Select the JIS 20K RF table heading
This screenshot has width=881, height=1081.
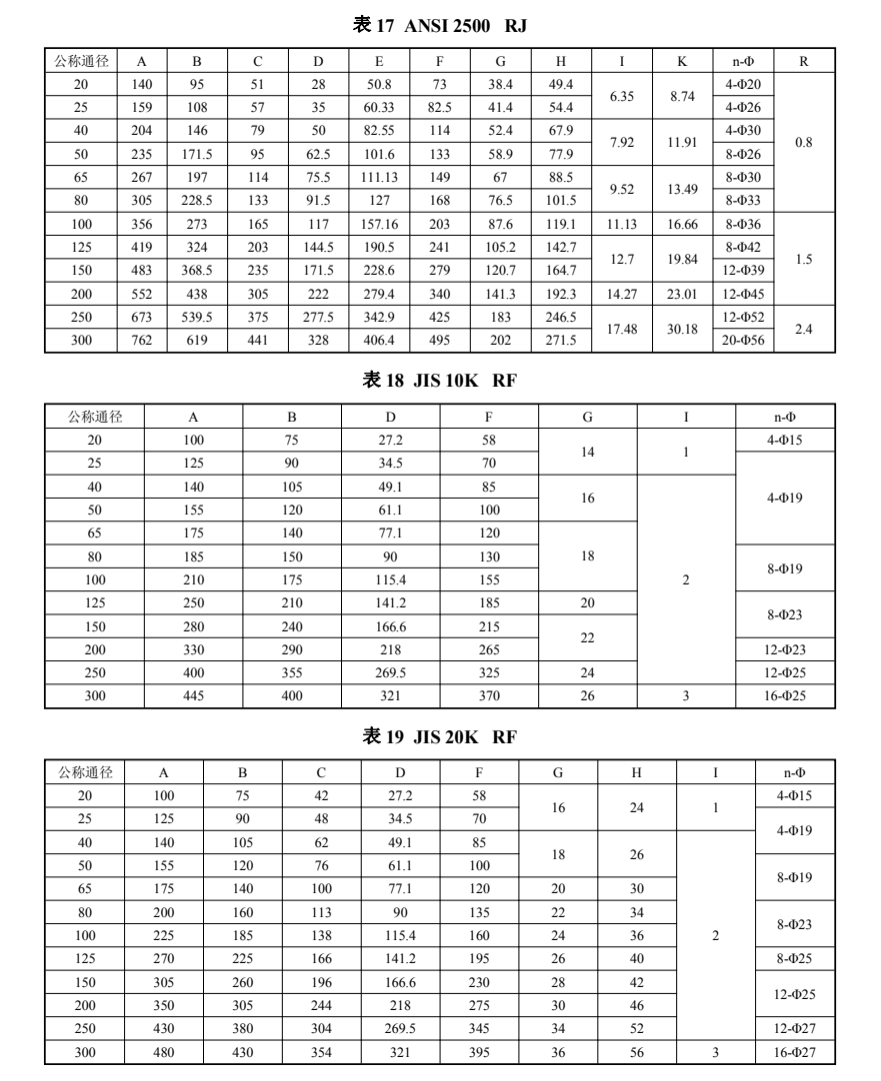tap(439, 737)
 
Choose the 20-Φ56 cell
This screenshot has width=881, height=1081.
tap(743, 340)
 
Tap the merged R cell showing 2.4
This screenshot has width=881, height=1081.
tap(803, 328)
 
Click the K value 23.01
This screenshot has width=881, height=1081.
tap(683, 295)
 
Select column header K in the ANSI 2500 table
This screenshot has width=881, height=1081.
tap(683, 62)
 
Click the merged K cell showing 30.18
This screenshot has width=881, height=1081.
tap(683, 328)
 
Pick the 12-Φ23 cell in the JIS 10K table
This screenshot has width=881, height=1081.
tap(785, 650)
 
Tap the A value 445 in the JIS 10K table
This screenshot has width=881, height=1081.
tap(194, 696)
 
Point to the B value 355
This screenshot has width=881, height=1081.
tap(292, 673)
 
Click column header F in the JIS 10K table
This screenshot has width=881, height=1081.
tap(489, 417)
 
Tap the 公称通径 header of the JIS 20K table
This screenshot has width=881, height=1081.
tap(84, 772)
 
